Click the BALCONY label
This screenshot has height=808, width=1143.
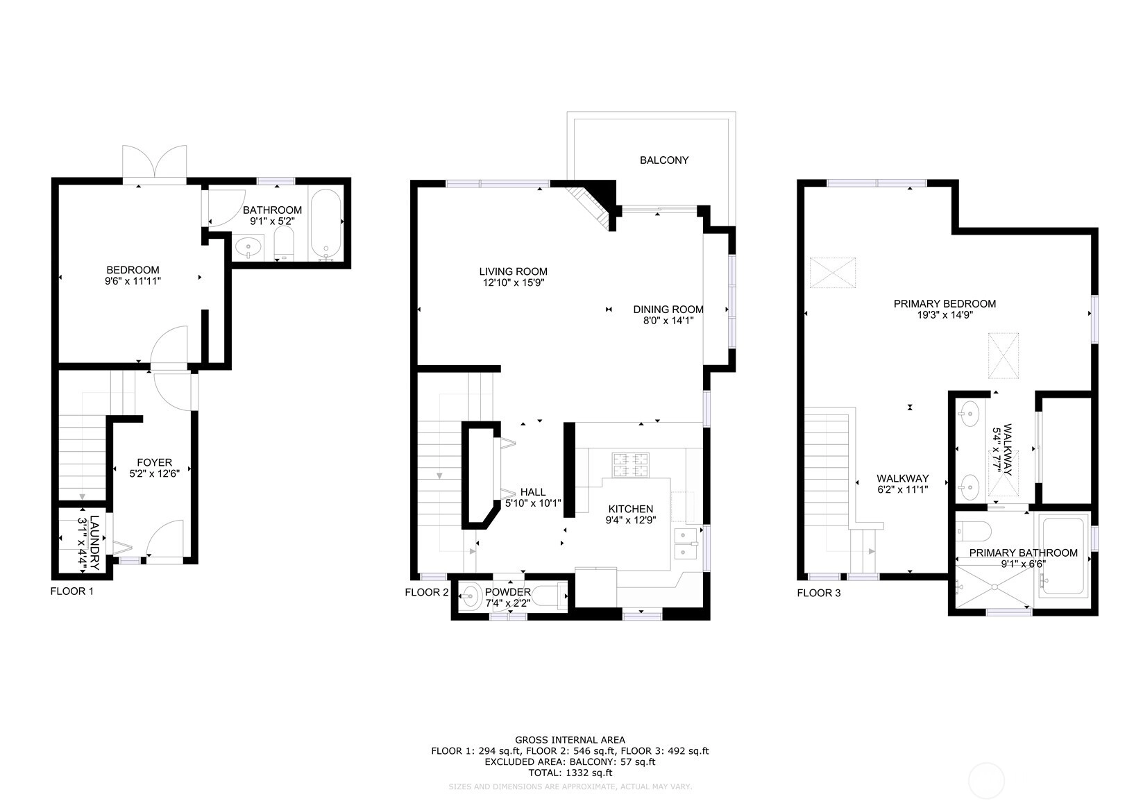tap(664, 160)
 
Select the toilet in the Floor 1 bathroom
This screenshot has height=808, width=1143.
tap(285, 243)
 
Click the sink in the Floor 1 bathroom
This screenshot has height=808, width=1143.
tap(248, 248)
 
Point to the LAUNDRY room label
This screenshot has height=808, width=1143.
tap(94, 543)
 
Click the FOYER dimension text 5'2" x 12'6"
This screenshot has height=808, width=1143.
tap(154, 473)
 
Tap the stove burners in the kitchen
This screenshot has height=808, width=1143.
tap(631, 464)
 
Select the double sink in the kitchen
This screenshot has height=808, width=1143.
tap(686, 544)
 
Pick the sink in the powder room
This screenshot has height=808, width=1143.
tap(471, 596)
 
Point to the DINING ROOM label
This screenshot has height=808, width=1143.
tap(668, 310)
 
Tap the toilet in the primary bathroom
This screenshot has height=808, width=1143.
tap(973, 531)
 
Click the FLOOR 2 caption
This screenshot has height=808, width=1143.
tap(427, 592)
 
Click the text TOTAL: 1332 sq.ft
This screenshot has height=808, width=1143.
tap(570, 773)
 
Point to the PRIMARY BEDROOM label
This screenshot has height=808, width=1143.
tap(945, 304)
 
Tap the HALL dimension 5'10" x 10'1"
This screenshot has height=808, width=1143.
tap(533, 503)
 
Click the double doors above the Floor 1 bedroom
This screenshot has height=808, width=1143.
tap(154, 163)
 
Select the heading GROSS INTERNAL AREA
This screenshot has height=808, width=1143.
tap(570, 739)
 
